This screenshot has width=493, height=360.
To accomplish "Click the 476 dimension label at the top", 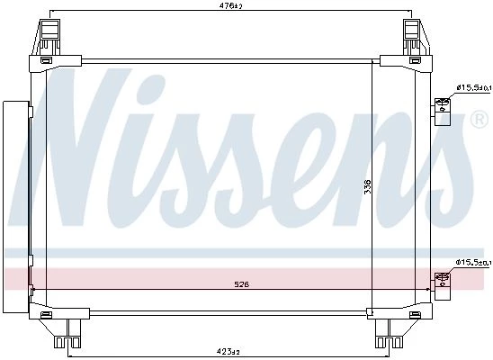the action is click(231, 5).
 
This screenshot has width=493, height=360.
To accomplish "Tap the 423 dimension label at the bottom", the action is click(230, 351).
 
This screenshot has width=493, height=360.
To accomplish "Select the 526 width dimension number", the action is click(241, 284).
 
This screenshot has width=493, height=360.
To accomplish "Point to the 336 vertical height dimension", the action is click(367, 186).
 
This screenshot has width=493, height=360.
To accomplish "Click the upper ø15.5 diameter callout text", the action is click(473, 88).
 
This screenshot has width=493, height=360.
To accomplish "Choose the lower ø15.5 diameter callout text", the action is click(473, 262).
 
